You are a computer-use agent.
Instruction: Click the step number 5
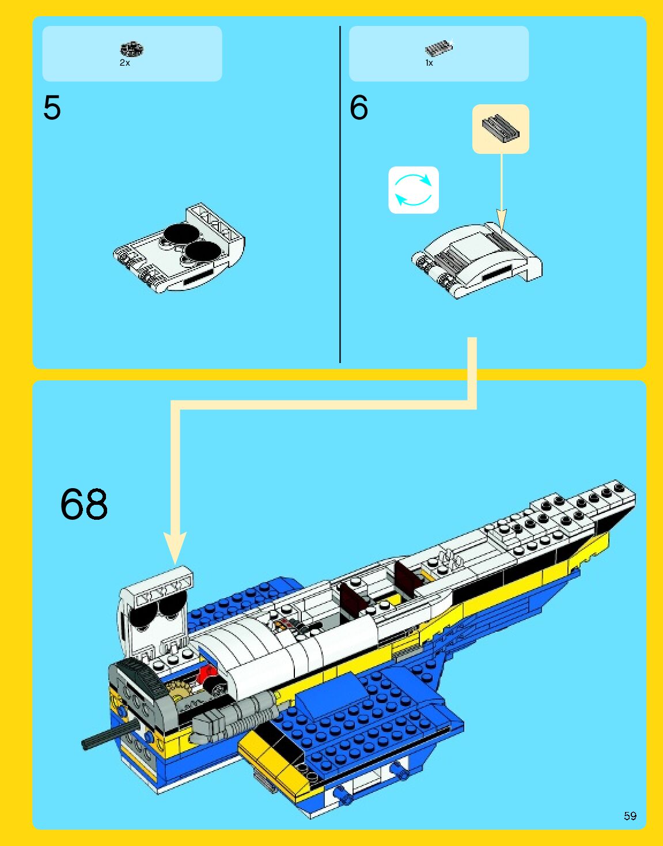pos(52,108)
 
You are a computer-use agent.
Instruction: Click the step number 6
pos(358,108)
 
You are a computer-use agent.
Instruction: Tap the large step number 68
pos(84,504)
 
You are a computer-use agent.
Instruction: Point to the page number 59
pos(630,815)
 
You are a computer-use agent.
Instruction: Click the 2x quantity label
pos(124,63)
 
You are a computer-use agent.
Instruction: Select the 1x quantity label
pos(429,63)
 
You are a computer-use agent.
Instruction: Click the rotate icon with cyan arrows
pos(414,190)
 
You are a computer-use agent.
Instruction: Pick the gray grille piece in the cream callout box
pos(500,128)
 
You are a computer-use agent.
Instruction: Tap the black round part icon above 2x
pos(132,50)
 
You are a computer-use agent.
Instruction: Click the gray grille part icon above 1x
pos(438,48)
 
